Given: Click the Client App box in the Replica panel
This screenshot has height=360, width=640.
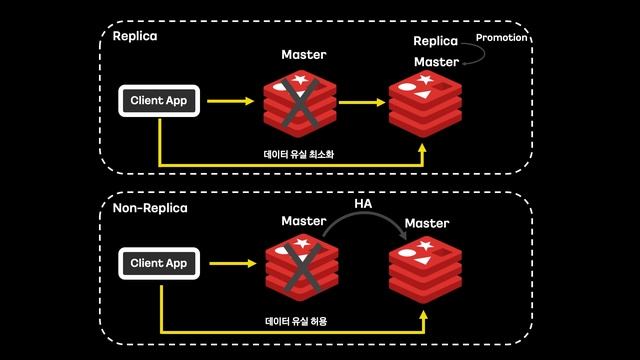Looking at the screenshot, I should coord(159,100).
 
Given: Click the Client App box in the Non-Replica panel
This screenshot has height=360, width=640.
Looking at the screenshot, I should coord(159,263).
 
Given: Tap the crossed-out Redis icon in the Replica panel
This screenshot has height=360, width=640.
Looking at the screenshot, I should coord(300,102).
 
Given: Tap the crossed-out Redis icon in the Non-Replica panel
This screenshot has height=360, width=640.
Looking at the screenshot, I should coord(300,266).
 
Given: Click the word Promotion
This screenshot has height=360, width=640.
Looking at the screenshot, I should coord(501,38).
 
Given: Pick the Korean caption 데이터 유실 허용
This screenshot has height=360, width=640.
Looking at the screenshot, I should coord(296,321).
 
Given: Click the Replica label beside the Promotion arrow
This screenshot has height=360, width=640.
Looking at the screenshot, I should coord(435,41).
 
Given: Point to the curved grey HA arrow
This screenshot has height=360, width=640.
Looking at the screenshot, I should coord(366,221).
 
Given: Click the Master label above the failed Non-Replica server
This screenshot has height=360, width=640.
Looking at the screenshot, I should coord(304,220).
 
